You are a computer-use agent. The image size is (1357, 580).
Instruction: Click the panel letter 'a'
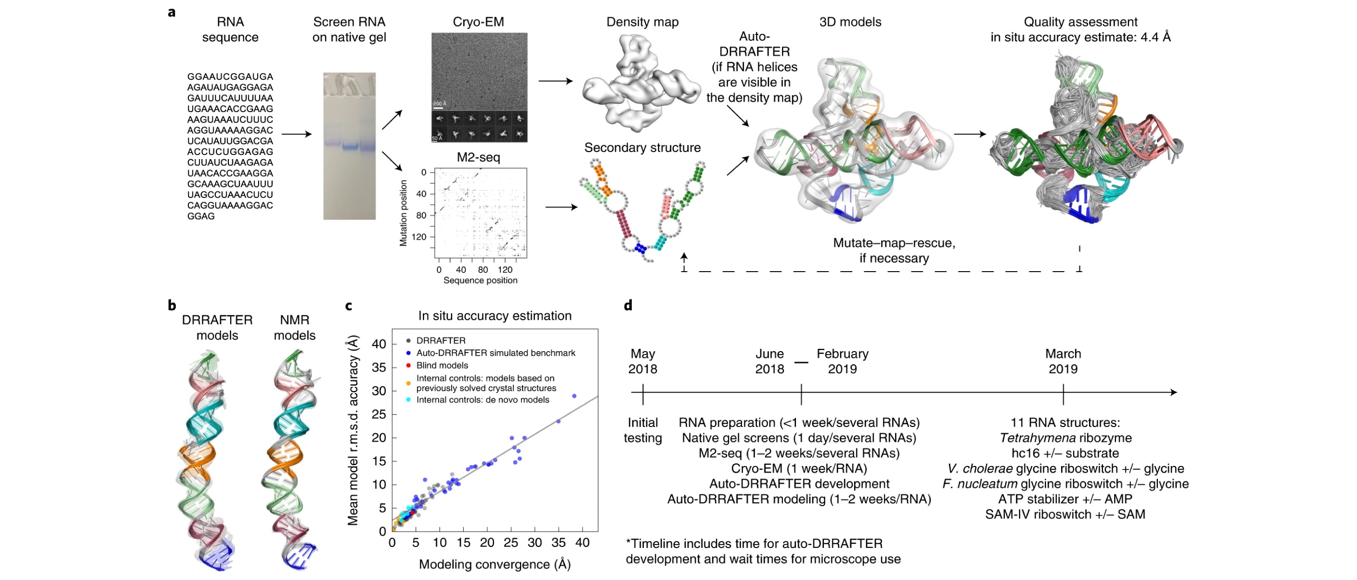172,12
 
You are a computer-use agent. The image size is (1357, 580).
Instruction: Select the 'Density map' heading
642,22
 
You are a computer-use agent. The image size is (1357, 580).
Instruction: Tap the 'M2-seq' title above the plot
478,157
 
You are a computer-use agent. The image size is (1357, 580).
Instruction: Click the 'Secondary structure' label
642,147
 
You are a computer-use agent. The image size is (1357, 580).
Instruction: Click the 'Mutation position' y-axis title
403,213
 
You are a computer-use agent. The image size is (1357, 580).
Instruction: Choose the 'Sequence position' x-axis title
480,280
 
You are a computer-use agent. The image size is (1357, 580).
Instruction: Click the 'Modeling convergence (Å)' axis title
495,564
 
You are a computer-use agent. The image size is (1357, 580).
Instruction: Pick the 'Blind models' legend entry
441,366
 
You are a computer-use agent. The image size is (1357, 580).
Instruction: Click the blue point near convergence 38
574,396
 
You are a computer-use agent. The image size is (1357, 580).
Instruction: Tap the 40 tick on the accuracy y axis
379,345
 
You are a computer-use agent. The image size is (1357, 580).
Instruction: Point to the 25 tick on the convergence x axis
511,543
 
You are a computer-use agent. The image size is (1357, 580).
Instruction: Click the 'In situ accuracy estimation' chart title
495,315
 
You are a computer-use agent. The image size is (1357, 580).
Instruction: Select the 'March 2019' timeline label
1063,361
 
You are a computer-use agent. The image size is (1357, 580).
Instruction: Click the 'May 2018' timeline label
642,361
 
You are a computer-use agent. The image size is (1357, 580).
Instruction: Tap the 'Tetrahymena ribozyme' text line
1065,438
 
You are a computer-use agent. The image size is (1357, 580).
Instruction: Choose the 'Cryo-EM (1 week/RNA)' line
799,468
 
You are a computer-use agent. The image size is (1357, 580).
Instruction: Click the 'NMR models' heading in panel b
294,327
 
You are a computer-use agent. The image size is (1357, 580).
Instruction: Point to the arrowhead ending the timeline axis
1174,392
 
